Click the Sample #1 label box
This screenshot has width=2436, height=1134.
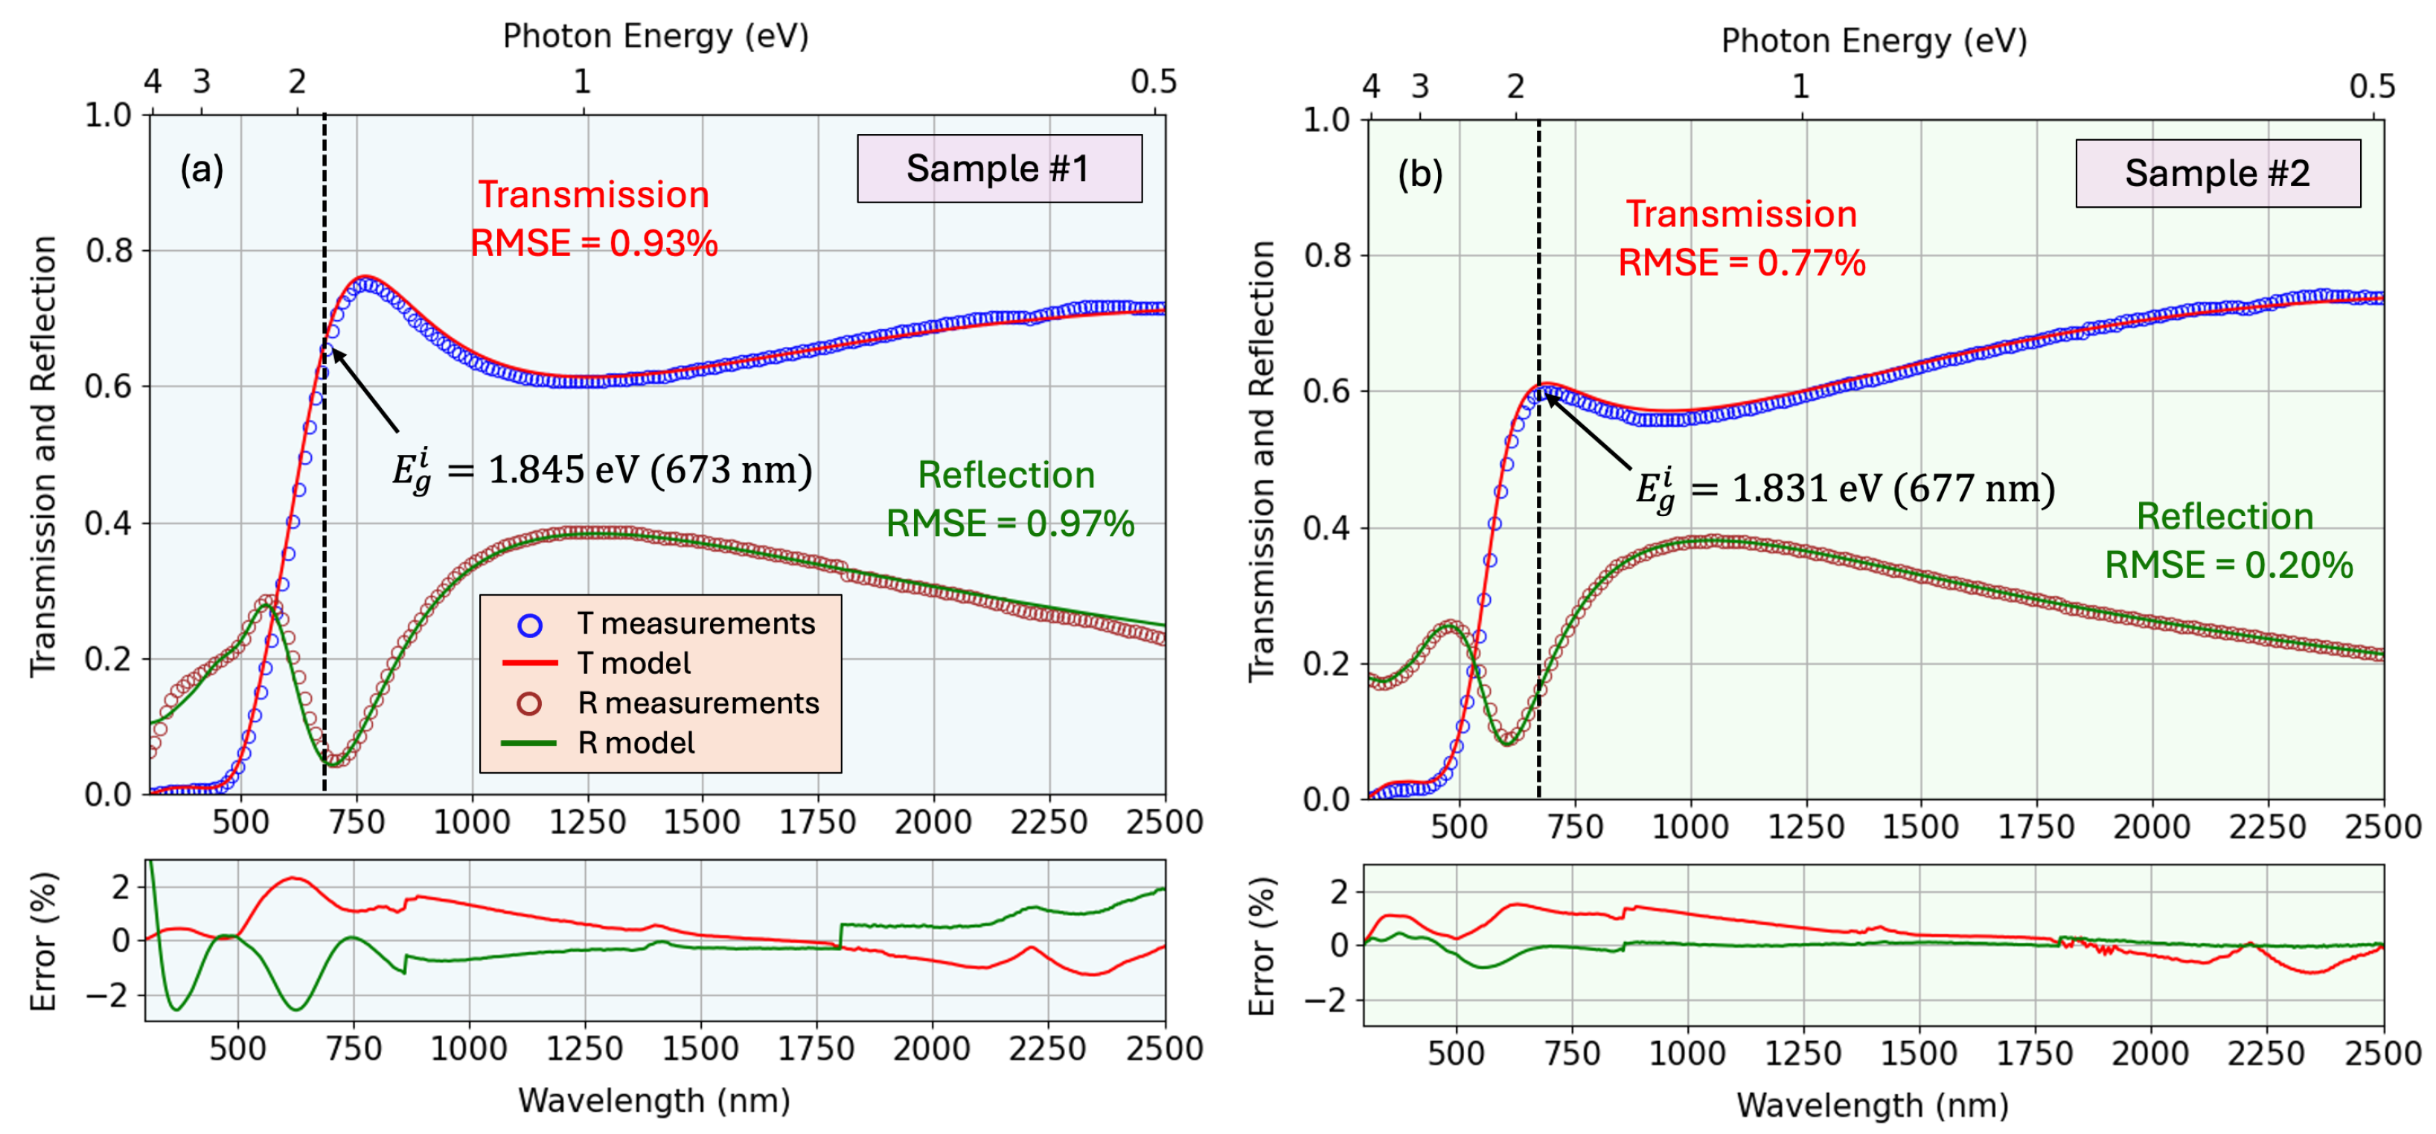(999, 168)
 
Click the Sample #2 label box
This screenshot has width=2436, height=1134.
(2216, 173)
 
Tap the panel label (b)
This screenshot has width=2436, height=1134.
(1419, 174)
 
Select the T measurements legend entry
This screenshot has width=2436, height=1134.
(695, 623)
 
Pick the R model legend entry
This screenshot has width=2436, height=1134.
(636, 742)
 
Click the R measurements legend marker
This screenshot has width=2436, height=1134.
(530, 703)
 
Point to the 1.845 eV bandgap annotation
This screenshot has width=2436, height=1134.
(602, 470)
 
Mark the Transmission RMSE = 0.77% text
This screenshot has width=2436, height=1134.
(1741, 238)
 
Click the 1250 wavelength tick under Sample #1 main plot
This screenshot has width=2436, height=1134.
(587, 822)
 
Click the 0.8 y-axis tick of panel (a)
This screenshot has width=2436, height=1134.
(108, 251)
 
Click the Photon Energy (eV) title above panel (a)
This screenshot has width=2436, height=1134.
(656, 36)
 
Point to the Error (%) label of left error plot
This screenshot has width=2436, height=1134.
(43, 941)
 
